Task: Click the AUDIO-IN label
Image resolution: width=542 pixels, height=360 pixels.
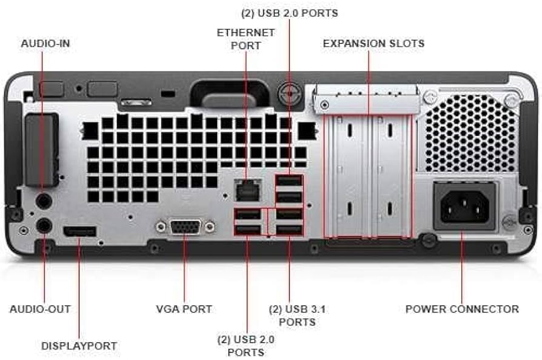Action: coord(45,44)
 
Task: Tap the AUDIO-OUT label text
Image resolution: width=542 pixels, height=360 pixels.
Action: coord(40,308)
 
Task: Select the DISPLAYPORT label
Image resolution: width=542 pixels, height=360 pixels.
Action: coord(79,345)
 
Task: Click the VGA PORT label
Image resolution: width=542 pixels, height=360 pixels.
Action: coord(184,308)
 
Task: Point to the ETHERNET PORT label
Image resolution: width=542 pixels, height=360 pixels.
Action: coord(246,39)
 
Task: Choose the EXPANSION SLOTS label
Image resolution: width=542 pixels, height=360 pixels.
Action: coord(373,44)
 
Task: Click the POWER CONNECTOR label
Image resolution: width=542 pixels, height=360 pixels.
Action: coord(462,308)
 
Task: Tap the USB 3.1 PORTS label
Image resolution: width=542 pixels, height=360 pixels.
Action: coord(297,315)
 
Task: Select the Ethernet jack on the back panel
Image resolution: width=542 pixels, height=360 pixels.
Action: coord(247,190)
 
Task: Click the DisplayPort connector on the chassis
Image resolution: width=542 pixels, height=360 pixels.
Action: coord(79,231)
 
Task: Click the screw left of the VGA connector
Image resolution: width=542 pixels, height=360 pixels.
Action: coord(161,227)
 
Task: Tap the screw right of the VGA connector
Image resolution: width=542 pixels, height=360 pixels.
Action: coord(209,227)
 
